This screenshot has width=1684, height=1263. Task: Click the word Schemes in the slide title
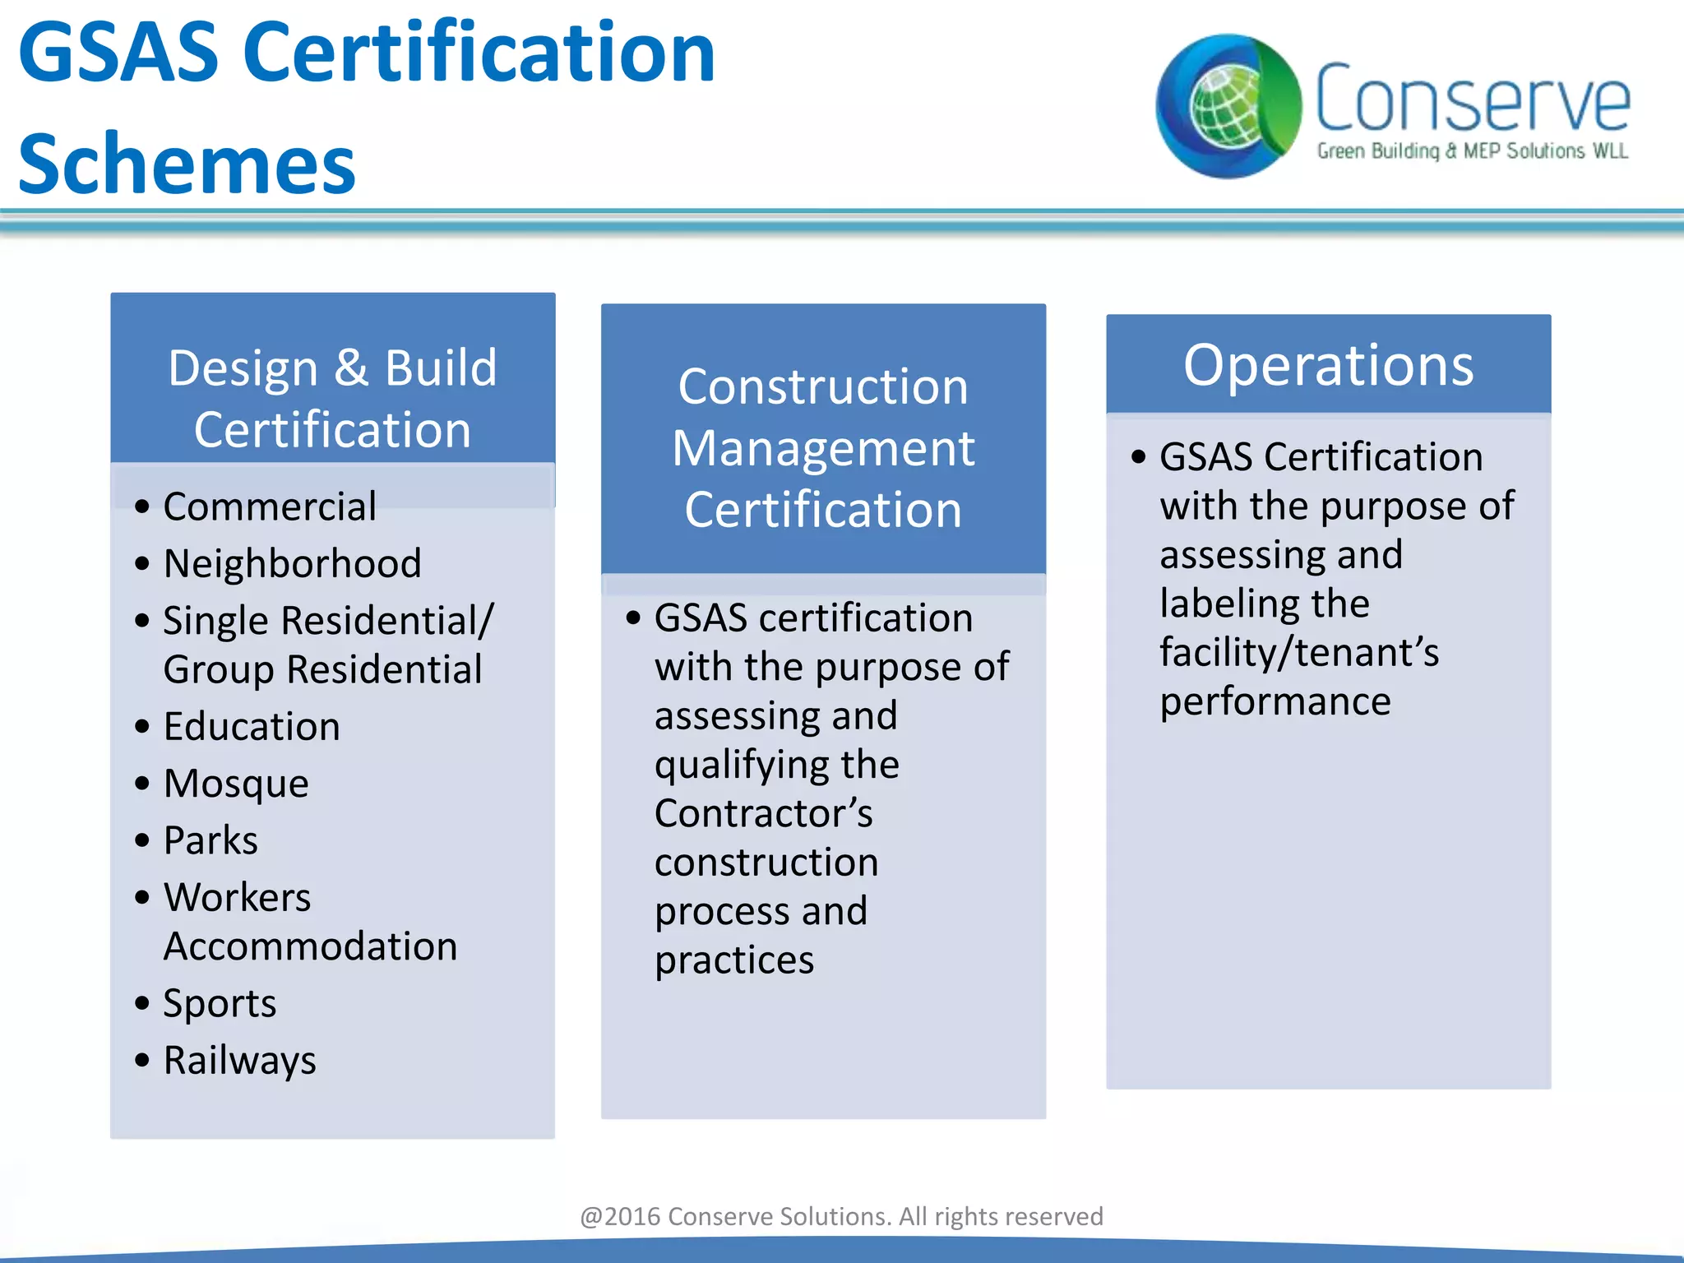[187, 164]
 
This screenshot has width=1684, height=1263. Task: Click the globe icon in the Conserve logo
[1227, 107]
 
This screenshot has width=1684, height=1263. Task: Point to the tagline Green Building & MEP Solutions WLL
[1472, 151]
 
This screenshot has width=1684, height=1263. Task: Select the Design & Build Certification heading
[332, 398]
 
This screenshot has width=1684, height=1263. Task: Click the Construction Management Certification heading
[823, 447]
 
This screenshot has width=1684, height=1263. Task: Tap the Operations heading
[1328, 364]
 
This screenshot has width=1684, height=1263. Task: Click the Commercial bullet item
[270, 507]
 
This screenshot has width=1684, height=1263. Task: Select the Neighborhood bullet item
[292, 564]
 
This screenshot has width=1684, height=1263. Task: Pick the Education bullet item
[252, 727]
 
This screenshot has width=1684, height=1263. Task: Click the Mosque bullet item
[236, 784]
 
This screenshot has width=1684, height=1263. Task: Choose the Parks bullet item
[210, 840]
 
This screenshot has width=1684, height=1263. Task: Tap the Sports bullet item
[220, 1003]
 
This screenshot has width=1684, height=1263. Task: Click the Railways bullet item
[239, 1060]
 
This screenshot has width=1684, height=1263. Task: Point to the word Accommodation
[310, 946]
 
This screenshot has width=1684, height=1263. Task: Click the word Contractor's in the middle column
[763, 813]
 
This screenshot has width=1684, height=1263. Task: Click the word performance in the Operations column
[1275, 702]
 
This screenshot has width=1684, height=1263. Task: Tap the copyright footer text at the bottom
[841, 1216]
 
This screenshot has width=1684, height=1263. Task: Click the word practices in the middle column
[734, 960]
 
